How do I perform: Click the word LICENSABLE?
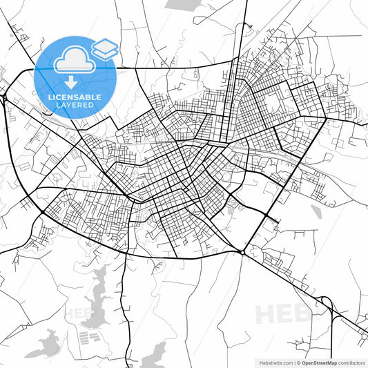(75, 97)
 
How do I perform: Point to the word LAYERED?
(75, 105)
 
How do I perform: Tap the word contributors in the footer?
(352, 362)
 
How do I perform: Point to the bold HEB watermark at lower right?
(283, 314)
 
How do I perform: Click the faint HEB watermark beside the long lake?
(78, 313)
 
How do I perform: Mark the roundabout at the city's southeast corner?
(243, 253)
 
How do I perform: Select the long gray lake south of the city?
(99, 297)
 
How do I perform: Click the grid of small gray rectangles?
(88, 338)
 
